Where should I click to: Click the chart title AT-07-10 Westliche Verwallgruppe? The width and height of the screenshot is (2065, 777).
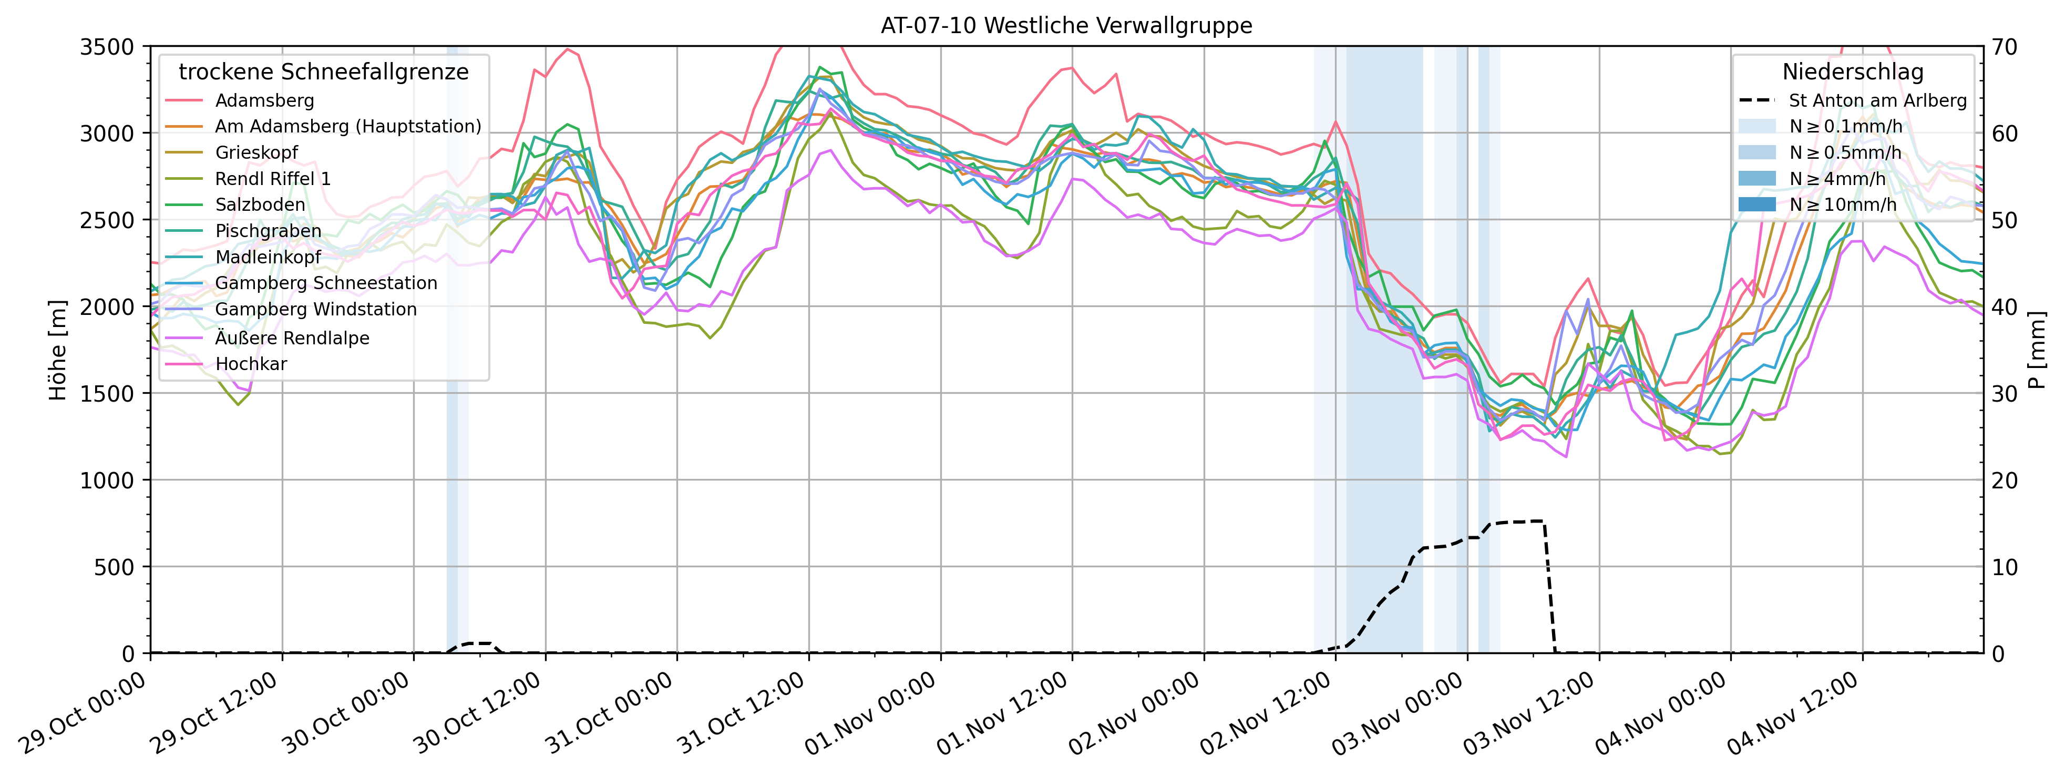1066,26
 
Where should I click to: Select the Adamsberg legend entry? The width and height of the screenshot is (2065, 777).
264,100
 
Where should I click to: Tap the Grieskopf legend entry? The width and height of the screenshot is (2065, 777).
256,152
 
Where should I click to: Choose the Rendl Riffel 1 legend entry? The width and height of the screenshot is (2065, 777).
273,179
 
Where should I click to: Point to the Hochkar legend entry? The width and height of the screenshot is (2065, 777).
250,364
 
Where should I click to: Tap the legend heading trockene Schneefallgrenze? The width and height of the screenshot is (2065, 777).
323,72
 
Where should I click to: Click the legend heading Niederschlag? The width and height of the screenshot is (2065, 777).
1853,72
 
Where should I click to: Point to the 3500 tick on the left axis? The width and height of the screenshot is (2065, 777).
107,46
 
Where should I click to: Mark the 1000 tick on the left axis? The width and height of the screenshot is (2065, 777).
107,480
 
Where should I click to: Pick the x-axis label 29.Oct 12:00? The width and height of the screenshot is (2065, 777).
215,714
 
